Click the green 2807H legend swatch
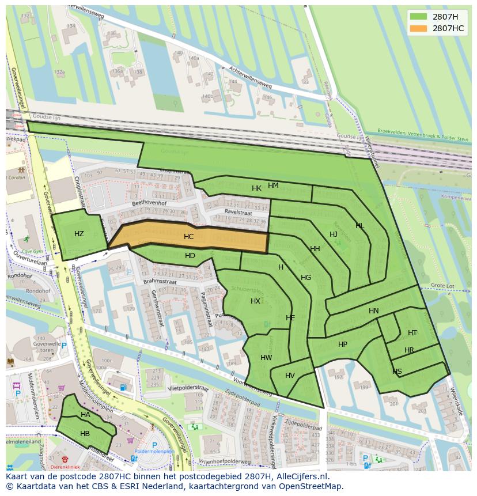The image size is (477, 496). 419,17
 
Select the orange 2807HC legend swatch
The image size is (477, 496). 419,28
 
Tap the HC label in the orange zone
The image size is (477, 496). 189,237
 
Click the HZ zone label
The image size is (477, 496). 79,233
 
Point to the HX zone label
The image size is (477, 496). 255,301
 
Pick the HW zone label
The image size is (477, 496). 266,357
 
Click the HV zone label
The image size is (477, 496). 290,376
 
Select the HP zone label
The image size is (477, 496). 343,344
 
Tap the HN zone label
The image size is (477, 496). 374,311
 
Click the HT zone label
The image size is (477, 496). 412,333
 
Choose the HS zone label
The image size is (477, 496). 397,372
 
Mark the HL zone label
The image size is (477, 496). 360,226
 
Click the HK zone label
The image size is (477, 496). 256,188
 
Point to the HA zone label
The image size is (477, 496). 85,414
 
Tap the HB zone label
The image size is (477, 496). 85,433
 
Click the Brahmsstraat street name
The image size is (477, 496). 160,282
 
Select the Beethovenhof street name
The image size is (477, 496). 149,203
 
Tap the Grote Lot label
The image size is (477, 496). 443,285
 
